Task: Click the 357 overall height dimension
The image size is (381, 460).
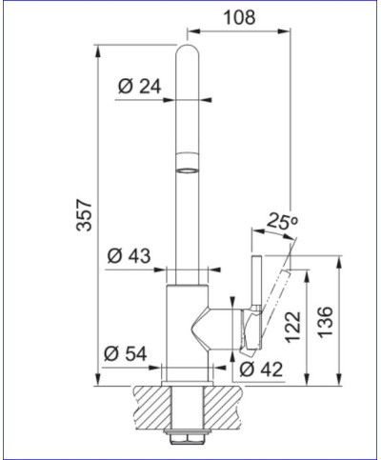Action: click(x=84, y=217)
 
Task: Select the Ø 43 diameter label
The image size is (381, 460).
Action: click(x=130, y=256)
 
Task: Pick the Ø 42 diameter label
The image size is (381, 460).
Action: click(x=257, y=369)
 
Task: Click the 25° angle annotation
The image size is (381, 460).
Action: click(x=284, y=222)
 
